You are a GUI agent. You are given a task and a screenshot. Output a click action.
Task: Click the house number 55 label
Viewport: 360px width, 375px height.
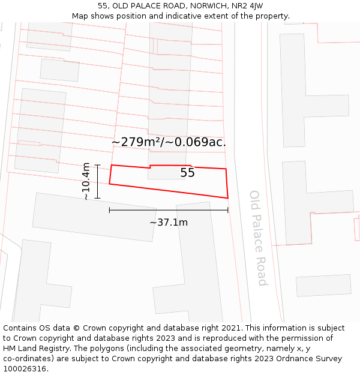(187, 173)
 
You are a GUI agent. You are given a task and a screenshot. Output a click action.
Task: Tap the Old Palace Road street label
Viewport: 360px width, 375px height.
(258, 238)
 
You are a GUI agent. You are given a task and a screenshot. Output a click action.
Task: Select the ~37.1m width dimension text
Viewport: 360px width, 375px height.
(169, 223)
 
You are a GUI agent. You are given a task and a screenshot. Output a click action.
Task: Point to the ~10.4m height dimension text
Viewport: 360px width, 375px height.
(86, 181)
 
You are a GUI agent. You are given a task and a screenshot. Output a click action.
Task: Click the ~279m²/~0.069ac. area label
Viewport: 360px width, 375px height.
(169, 142)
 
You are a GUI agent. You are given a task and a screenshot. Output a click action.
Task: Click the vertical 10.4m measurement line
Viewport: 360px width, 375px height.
(97, 181)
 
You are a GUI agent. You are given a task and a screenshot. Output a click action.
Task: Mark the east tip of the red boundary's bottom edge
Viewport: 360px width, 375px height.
(228, 197)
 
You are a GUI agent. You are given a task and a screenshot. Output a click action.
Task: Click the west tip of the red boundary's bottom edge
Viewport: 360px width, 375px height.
(109, 184)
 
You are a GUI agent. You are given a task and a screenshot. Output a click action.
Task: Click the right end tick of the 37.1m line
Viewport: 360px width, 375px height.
(228, 210)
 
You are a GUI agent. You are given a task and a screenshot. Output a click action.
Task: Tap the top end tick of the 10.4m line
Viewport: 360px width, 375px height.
(97, 165)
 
